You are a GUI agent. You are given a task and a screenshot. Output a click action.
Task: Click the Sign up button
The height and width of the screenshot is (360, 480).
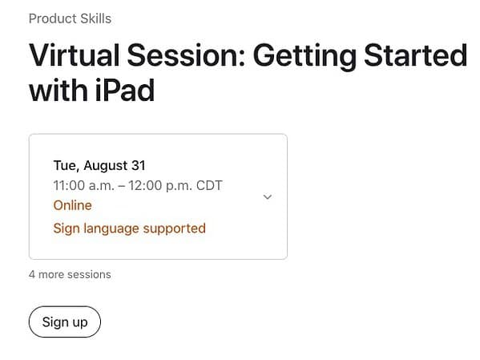(x=64, y=322)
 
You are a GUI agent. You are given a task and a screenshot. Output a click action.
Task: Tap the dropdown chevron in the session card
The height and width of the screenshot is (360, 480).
(x=268, y=196)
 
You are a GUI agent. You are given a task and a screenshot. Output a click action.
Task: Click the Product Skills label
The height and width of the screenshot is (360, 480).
(x=70, y=18)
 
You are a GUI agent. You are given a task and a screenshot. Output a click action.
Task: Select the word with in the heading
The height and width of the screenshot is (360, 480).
(x=56, y=90)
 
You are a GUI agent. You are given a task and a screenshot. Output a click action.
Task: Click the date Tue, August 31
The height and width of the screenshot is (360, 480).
(x=99, y=165)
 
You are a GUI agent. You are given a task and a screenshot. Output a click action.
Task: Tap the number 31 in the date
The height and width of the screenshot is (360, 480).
(x=138, y=165)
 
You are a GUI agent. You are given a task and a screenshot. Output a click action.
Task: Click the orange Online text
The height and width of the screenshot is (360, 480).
(x=72, y=205)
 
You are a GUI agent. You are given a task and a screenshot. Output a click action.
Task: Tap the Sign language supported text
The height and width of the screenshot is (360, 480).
(x=129, y=228)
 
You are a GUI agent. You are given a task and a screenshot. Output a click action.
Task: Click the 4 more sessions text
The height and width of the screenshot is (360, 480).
(x=70, y=274)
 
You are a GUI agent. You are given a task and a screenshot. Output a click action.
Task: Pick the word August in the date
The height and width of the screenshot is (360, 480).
(x=105, y=165)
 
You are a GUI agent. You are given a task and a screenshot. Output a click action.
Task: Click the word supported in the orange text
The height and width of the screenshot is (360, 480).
(x=175, y=228)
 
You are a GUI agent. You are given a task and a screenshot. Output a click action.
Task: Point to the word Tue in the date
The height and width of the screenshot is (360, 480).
(x=65, y=165)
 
